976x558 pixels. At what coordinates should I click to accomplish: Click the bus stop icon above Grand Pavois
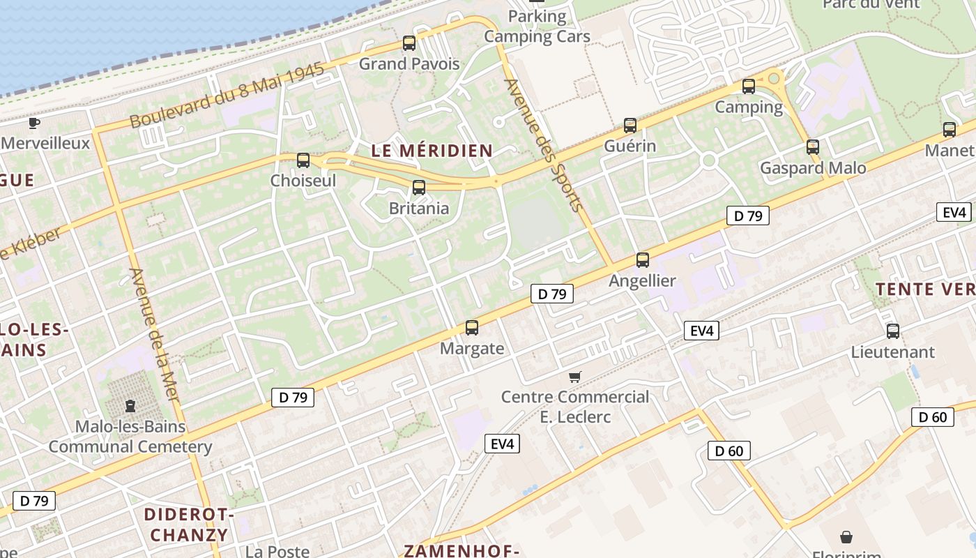(x=409, y=43)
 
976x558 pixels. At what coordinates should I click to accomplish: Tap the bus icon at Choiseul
(x=303, y=160)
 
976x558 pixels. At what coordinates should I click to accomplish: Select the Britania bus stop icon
(x=419, y=187)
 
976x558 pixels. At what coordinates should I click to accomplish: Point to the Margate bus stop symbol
(x=472, y=327)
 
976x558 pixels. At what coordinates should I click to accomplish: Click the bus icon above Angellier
(x=643, y=260)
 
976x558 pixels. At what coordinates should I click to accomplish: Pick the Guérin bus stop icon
(x=630, y=126)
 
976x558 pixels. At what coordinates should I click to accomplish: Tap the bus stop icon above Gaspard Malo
(x=813, y=147)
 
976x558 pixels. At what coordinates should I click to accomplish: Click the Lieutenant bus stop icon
(x=893, y=331)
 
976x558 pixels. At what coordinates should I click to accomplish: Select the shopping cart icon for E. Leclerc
(x=575, y=377)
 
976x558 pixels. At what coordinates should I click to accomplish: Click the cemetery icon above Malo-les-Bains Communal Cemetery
(x=130, y=405)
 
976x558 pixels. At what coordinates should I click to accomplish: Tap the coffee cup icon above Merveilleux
(x=33, y=123)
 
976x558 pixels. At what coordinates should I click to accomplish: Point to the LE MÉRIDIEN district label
(x=432, y=150)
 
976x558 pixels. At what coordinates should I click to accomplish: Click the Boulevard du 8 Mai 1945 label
(x=227, y=96)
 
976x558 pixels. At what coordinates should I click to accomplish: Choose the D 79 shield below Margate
(x=293, y=398)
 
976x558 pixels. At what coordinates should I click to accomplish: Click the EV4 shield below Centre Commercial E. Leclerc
(x=502, y=443)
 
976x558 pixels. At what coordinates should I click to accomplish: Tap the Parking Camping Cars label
(x=537, y=27)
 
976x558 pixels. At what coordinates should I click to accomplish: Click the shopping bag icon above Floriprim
(x=846, y=536)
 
